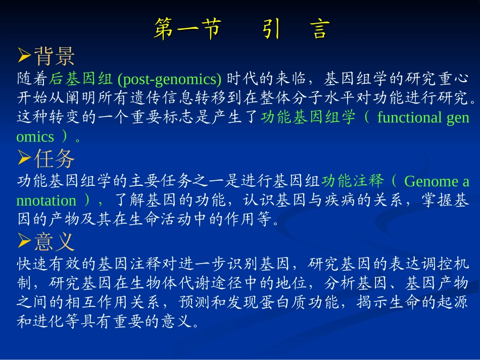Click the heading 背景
tap(55, 56)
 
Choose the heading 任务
tap(55, 159)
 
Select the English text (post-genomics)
tap(169, 79)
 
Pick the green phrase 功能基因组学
tap(309, 118)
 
